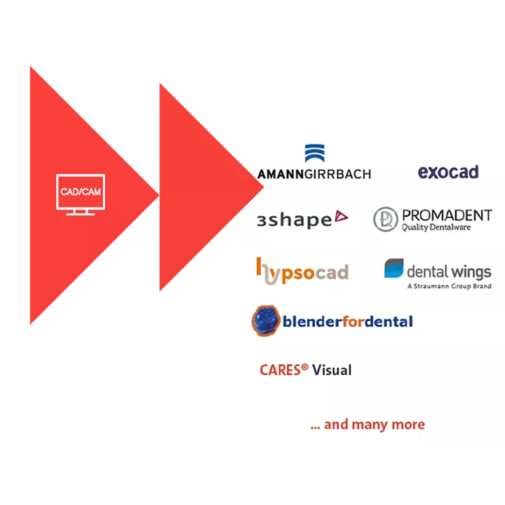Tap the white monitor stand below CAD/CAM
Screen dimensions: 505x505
point(80,211)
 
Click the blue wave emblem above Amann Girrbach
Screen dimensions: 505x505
point(314,154)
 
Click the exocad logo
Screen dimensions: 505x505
point(447,172)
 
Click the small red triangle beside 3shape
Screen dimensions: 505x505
point(341,217)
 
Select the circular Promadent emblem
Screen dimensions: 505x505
point(386,219)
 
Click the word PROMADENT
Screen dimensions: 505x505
point(447,215)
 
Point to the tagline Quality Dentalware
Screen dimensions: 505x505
point(436,227)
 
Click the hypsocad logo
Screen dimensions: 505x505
point(302,271)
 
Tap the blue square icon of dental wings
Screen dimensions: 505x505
point(393,269)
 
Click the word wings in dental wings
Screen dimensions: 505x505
point(471,271)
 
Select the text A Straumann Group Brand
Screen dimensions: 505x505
point(449,286)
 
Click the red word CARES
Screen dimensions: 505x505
point(281,370)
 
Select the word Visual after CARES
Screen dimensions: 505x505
point(332,370)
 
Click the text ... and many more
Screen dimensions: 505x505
point(367,424)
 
